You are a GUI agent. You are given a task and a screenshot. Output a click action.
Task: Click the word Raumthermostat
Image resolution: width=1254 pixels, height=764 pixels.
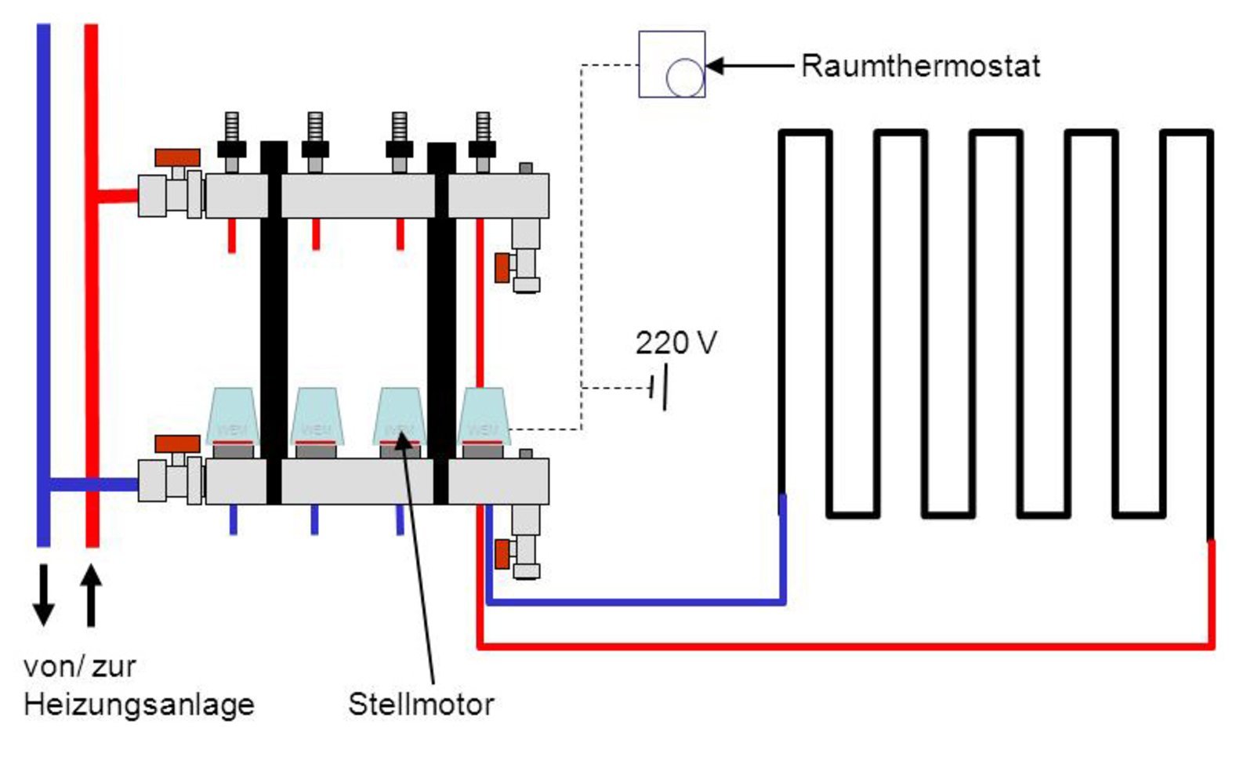coord(920,66)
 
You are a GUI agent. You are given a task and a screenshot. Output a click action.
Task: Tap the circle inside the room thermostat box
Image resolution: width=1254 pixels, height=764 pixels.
coord(685,78)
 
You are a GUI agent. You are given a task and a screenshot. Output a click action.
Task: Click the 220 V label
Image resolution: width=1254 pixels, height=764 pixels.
coord(676,343)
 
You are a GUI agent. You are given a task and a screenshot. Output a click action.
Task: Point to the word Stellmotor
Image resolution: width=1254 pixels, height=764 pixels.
coord(421,704)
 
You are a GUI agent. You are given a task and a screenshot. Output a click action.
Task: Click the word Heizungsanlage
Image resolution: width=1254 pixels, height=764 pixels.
coord(139,704)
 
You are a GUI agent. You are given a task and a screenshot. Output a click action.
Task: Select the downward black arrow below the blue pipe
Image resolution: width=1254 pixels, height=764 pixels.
coord(44,594)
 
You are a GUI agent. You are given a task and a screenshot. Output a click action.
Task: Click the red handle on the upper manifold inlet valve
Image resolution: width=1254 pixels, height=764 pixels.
coord(177,158)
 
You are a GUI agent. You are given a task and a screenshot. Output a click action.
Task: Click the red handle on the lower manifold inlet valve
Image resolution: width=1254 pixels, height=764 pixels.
coord(177,444)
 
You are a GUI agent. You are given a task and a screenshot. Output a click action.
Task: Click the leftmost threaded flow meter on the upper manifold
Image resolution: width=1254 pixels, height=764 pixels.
coord(232,141)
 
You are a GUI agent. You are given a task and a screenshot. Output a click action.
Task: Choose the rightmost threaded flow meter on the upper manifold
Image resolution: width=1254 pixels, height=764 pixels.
coord(483,141)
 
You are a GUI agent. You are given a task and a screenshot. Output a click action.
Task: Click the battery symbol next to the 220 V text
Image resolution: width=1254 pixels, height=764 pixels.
coord(660,387)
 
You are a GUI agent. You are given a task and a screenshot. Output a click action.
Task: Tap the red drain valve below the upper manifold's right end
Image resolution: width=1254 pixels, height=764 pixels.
coord(502,267)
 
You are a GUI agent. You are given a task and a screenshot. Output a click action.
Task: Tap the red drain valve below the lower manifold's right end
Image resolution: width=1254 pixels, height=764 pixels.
coord(502,554)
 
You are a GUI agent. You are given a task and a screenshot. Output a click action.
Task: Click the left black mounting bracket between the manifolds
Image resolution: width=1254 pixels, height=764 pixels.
coord(274,321)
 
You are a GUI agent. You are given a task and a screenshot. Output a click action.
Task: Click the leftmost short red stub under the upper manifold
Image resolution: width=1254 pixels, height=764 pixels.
coord(232,235)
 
